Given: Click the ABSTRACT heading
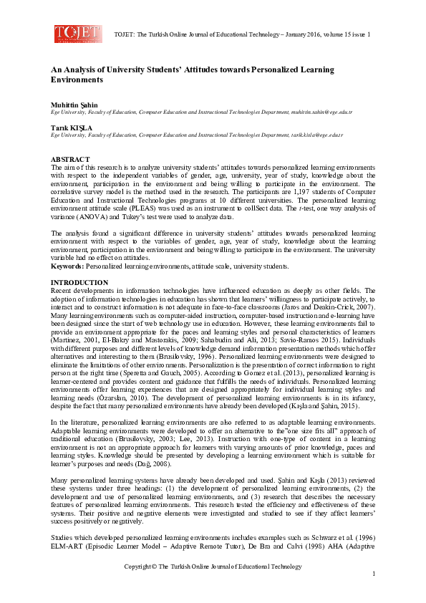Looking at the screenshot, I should pos(70,158).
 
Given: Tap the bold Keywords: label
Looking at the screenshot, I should pos(67,266).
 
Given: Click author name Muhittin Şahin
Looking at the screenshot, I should pos(74,105).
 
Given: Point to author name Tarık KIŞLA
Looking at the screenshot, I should pos(71,127).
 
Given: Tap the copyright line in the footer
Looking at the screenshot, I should pos(213,566).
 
